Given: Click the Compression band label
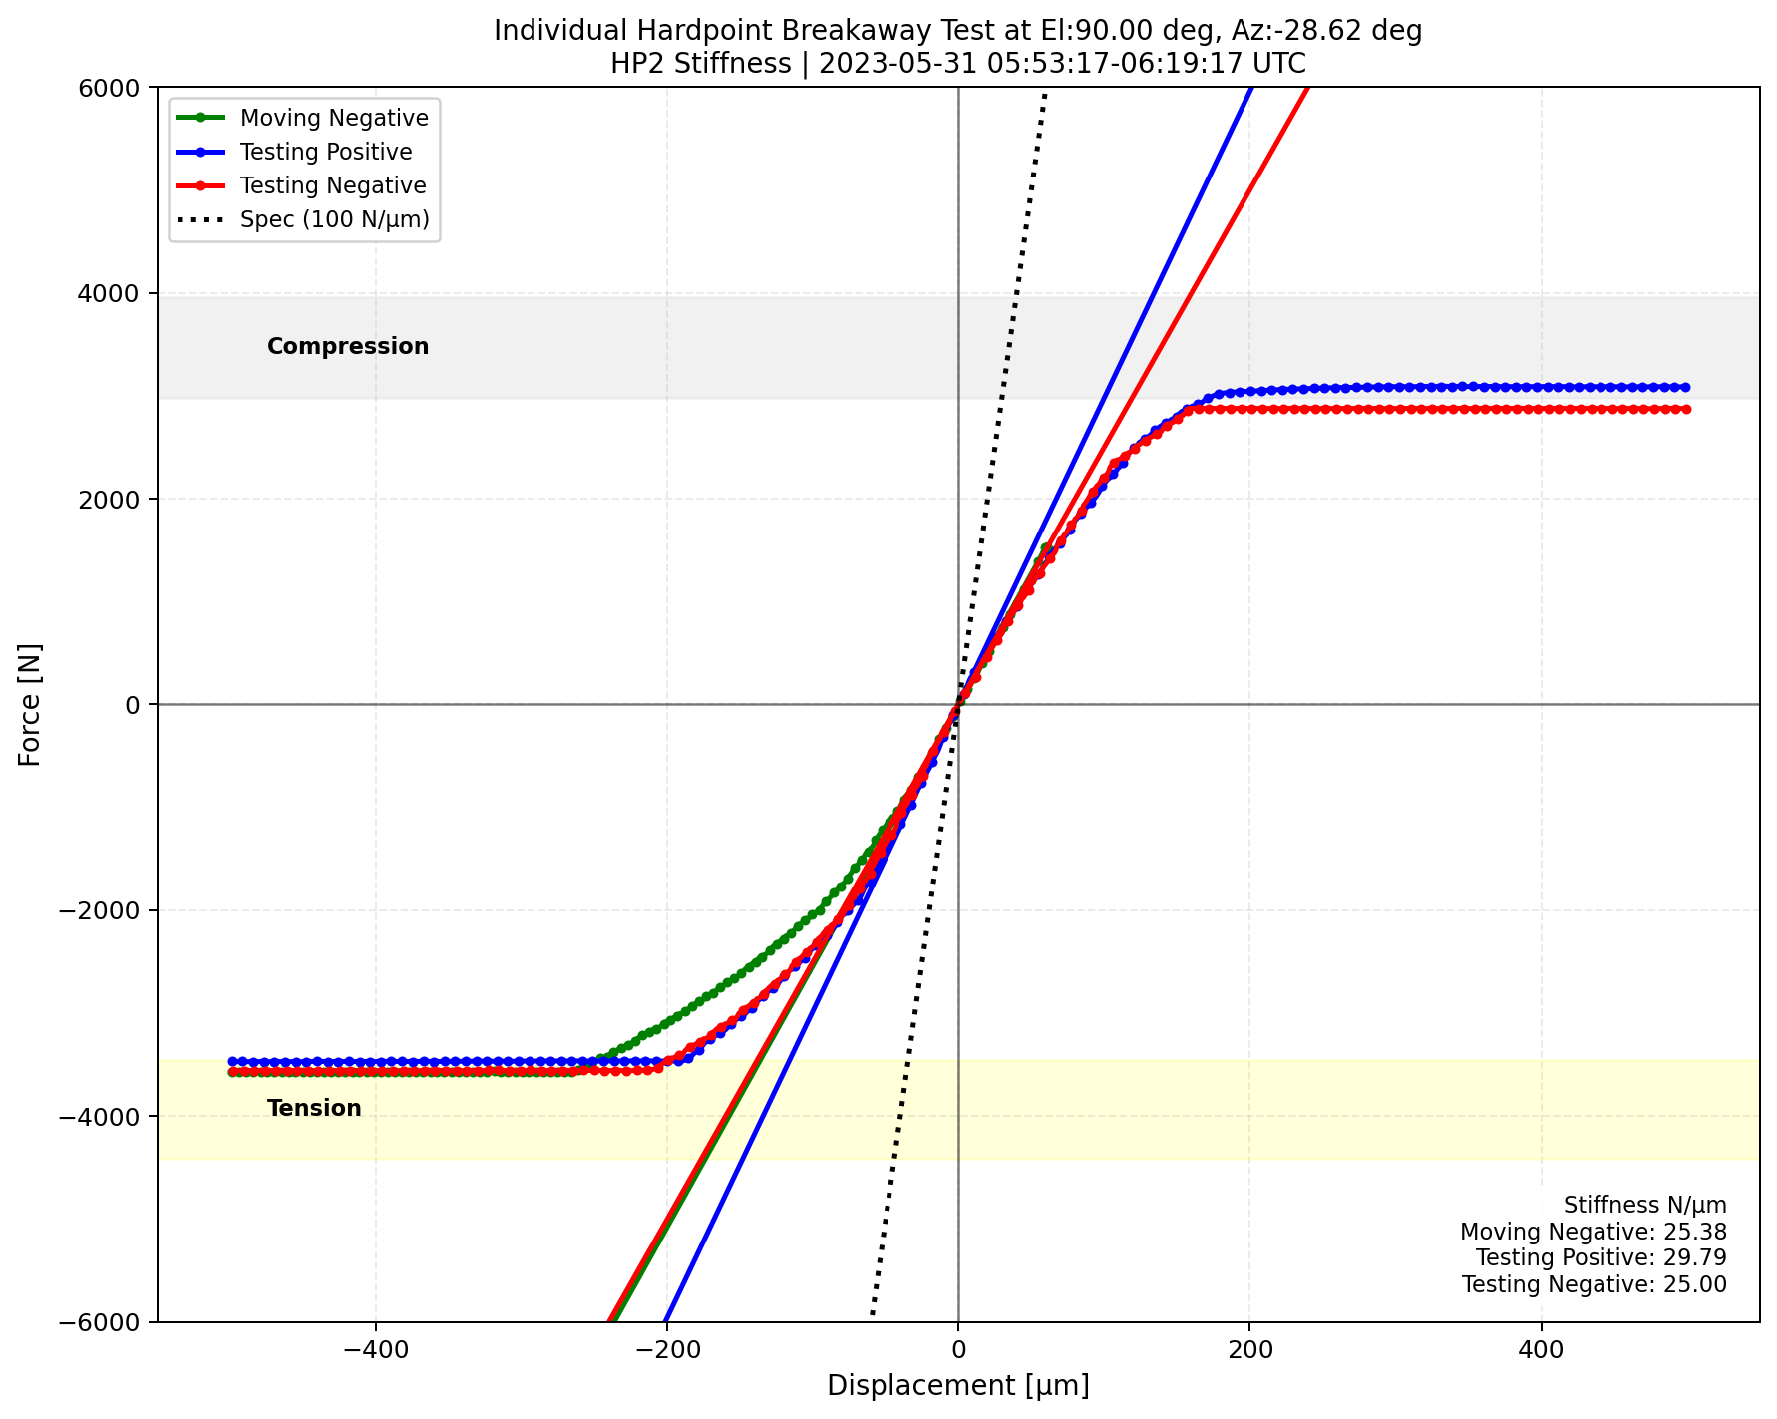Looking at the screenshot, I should tap(348, 346).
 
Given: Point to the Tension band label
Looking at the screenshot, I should tap(314, 1108).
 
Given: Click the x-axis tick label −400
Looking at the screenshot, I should tap(375, 1352).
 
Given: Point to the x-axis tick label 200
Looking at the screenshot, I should tap(1249, 1352).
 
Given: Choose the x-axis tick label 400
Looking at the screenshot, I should tap(1542, 1352).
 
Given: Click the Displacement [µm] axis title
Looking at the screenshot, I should tap(957, 1386).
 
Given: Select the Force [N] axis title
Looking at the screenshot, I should tap(30, 704).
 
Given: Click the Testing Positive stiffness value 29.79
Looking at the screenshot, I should tap(1702, 1257).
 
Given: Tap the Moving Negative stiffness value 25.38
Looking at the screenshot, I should tap(1702, 1232).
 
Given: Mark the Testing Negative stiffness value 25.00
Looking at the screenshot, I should tap(1702, 1284).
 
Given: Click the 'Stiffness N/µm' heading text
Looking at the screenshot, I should tap(1644, 1205).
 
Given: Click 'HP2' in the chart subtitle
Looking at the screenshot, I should tap(630, 64).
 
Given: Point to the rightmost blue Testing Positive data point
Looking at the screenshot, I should tap(1686, 387).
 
